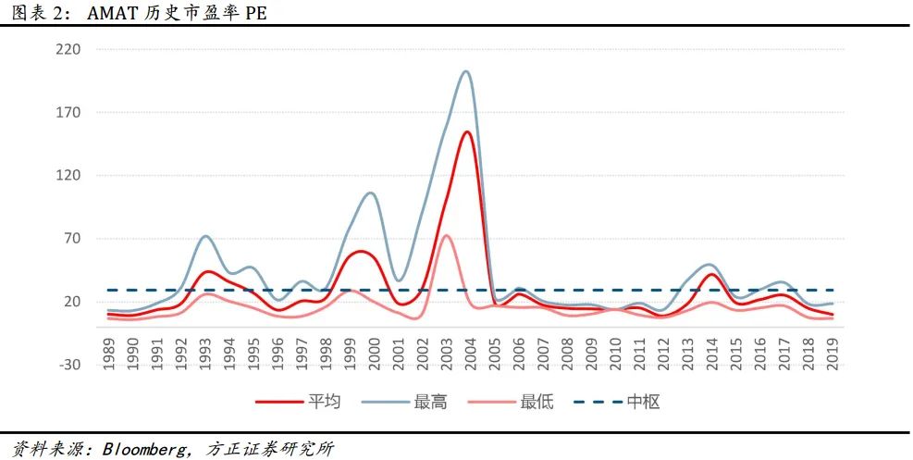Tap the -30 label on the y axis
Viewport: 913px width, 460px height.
pos(69,365)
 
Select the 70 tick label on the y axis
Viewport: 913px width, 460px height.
pos(73,239)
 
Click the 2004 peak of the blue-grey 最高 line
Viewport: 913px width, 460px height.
pos(466,71)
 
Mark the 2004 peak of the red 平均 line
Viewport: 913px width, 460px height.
pos(467,131)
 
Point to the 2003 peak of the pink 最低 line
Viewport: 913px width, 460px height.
pos(446,235)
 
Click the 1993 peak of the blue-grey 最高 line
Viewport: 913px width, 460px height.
pos(205,236)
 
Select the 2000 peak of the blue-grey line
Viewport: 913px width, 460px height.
pos(370,193)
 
